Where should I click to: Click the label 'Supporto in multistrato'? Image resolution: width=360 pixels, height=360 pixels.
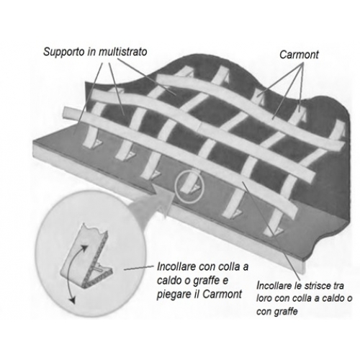[95, 53]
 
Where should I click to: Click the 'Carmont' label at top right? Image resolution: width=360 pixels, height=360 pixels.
[299, 55]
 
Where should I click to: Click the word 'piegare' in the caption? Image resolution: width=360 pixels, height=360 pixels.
[174, 294]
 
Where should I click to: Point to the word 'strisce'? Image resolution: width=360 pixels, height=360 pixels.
[313, 286]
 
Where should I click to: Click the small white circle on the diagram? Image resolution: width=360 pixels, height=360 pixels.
[189, 187]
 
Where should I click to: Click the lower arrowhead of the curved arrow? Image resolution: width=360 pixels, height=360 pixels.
[72, 300]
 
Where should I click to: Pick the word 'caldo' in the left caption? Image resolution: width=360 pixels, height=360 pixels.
[168, 280]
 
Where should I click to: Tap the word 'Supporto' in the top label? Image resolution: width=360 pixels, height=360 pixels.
[64, 53]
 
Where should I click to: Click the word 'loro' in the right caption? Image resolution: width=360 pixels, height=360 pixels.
[264, 298]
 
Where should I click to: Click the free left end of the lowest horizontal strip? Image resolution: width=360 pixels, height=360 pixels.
[66, 112]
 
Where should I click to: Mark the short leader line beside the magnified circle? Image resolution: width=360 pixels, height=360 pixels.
[139, 268]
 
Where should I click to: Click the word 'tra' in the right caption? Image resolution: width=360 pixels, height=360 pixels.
[338, 286]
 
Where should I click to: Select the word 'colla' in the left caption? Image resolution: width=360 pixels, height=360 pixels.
[226, 266]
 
